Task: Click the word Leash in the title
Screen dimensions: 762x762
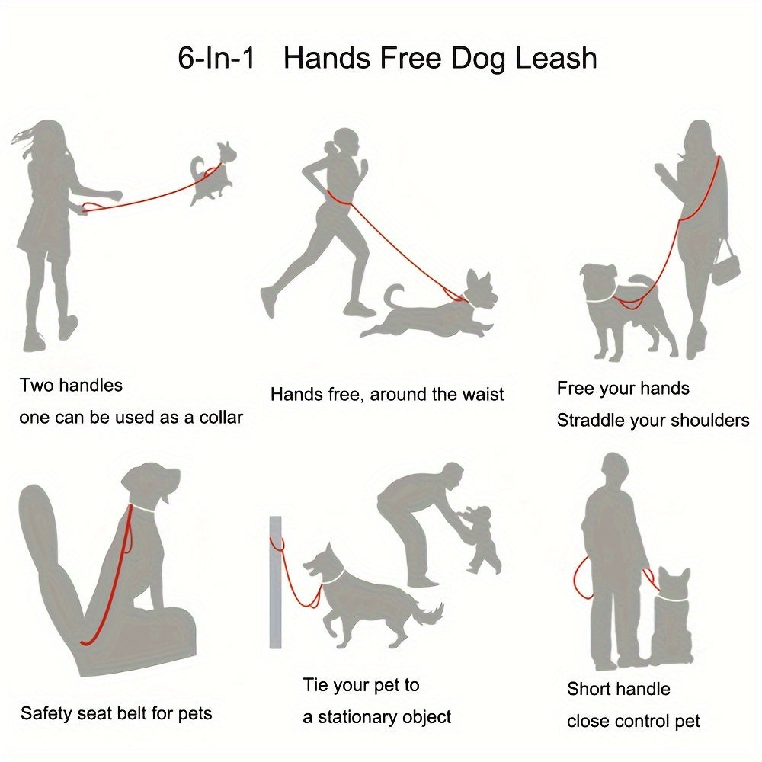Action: pos(556,58)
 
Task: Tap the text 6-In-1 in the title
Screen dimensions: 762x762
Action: pos(216,58)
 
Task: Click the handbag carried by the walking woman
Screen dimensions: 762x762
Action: pos(725,265)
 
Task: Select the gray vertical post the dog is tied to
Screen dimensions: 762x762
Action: pos(276,582)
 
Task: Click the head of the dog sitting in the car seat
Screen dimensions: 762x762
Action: pos(152,485)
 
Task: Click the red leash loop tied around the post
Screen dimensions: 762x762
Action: pos(277,544)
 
